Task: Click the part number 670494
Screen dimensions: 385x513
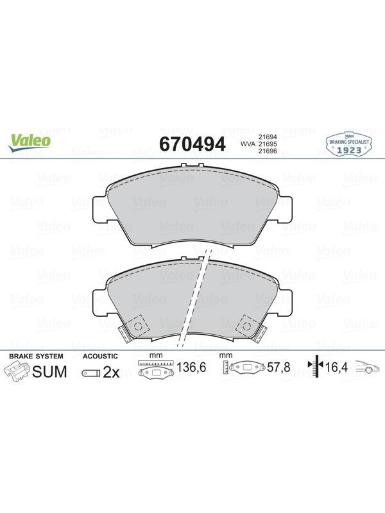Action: tap(192, 144)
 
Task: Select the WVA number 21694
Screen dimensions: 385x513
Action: tap(268, 137)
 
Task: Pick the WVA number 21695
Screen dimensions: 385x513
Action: tap(268, 144)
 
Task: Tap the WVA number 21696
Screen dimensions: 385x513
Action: tap(268, 151)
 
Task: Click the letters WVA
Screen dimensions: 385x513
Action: tap(248, 144)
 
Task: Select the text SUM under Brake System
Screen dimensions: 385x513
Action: tap(50, 372)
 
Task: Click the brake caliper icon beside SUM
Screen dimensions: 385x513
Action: tap(17, 373)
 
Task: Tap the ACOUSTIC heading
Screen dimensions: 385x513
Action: tap(100, 357)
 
